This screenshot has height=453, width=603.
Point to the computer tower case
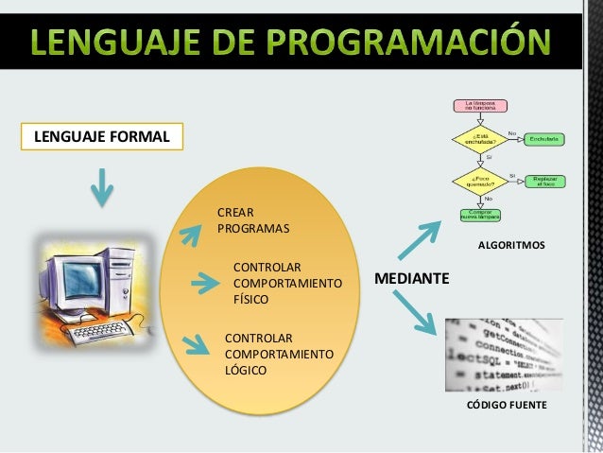129,284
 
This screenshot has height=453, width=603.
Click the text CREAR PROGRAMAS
253,219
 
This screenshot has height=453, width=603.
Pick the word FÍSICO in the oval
250,299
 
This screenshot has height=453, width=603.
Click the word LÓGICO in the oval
245,370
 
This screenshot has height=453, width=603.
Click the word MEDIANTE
412,279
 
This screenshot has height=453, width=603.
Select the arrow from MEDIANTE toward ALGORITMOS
419,239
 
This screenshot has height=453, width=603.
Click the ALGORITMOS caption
510,245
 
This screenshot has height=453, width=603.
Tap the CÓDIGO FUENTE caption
507,405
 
